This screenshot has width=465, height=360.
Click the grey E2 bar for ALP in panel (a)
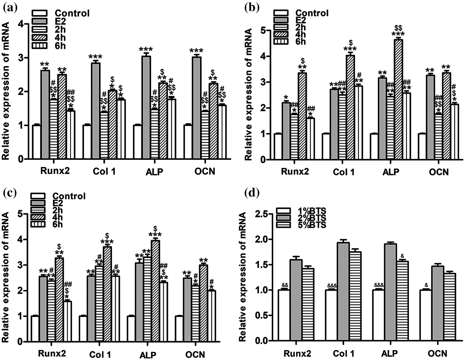point(146,107)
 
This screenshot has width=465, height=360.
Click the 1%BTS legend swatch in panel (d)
point(283,211)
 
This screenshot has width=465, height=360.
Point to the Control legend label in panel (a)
point(72,13)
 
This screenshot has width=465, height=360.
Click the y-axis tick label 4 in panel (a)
point(21,24)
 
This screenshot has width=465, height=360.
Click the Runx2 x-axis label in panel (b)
point(295,172)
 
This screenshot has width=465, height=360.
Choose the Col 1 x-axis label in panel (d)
point(344,353)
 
